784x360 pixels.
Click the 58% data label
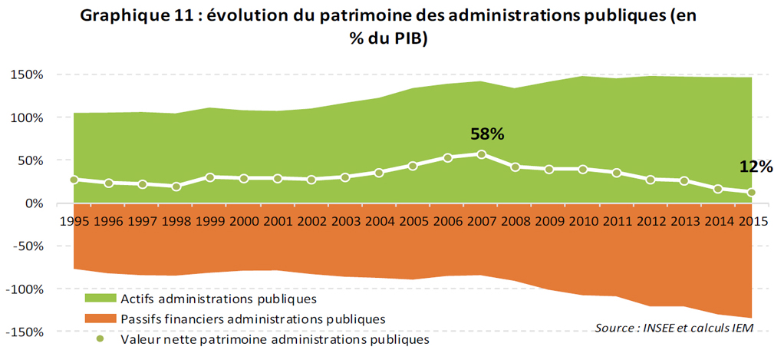coord(487,134)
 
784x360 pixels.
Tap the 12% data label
coord(756,167)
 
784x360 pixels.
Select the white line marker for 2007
coord(481,154)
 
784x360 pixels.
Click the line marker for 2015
coord(752,193)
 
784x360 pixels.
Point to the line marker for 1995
coord(74,180)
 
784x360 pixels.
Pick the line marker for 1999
coord(210,177)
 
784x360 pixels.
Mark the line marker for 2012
coord(651,180)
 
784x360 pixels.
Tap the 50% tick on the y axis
coord(30,160)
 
